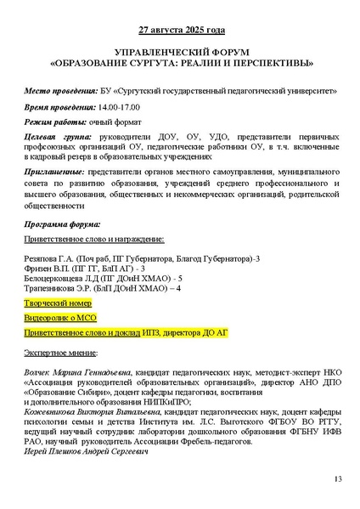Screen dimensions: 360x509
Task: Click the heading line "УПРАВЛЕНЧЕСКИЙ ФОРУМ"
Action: pyautogui.click(x=181, y=52)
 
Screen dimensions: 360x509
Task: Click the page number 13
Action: pyautogui.click(x=337, y=481)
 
